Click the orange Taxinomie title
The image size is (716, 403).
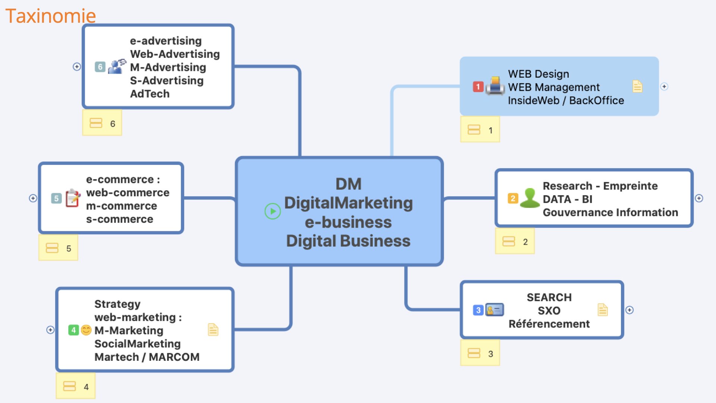pos(50,16)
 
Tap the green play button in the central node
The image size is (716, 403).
pos(273,211)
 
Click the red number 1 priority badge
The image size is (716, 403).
pos(478,87)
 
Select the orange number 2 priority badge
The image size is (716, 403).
pos(513,198)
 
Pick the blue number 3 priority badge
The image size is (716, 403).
pos(478,310)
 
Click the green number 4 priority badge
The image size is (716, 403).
pos(73,330)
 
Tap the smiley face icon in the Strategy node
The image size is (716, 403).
pos(86,330)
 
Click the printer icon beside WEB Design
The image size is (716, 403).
pos(495,86)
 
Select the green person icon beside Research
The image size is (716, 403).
pos(530,198)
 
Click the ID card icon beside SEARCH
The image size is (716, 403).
pos(494,310)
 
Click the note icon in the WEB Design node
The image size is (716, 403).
pos(637,86)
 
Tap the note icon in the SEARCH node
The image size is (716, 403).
pos(603,310)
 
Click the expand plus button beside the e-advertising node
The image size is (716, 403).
pos(77,66)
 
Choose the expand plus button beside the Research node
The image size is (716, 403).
pos(699,198)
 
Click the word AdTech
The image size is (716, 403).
pos(150,94)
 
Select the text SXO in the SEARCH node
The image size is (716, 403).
pos(549,310)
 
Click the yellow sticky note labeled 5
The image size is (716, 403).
pos(59,248)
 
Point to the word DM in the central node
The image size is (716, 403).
pos(348,184)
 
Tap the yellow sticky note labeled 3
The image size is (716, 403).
pos(480,353)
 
